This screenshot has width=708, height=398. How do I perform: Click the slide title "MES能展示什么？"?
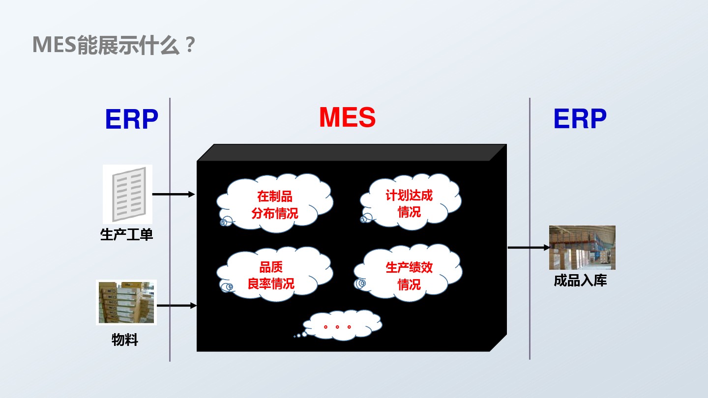point(114,46)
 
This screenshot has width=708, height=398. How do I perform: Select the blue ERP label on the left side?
point(131,119)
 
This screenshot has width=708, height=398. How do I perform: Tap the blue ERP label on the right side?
point(580,119)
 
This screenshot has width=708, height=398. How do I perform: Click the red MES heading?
point(347,117)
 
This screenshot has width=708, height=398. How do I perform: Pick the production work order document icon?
point(127,194)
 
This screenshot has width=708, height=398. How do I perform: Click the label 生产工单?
point(127,234)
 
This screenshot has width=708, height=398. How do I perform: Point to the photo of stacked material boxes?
point(126,302)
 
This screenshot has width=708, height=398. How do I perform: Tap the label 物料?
point(125,340)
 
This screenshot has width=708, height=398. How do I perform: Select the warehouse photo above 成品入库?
point(582,248)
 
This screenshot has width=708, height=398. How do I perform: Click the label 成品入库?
point(580,281)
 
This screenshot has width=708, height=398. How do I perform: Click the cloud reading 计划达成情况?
point(410,203)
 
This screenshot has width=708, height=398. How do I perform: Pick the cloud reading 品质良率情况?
point(272,275)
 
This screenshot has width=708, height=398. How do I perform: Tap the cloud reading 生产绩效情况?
point(409,275)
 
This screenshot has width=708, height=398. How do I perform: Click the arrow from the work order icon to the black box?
point(174,194)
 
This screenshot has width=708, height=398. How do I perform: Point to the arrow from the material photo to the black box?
point(177,306)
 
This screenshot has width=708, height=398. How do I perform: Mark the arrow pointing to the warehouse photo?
point(528,248)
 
